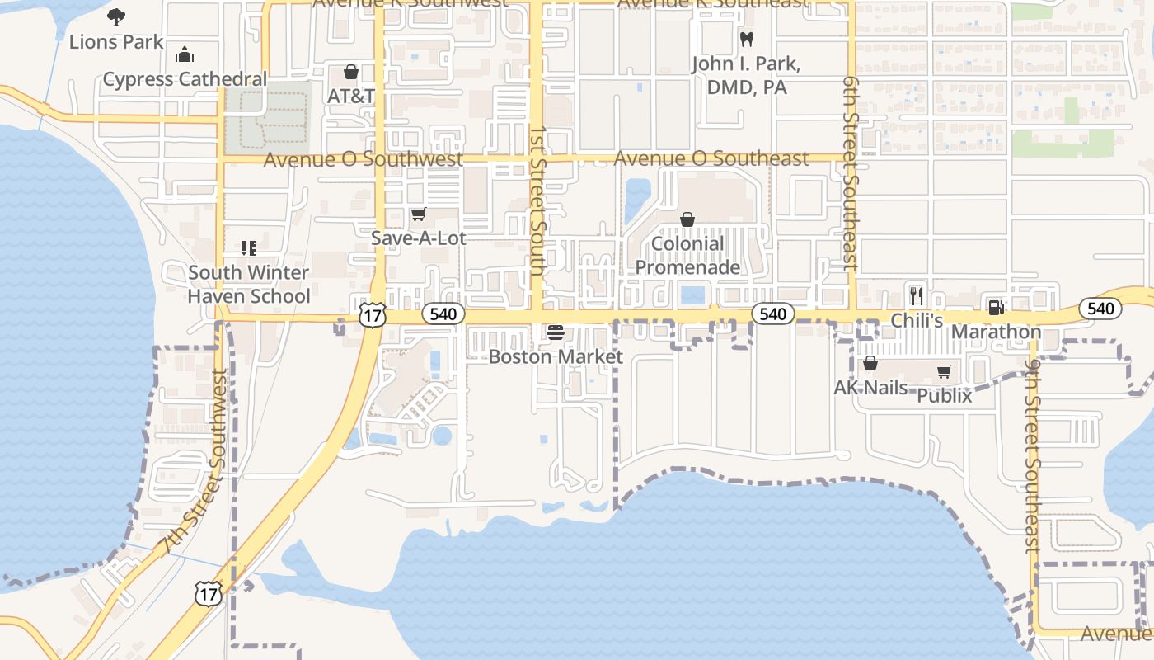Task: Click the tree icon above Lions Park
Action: tap(116, 16)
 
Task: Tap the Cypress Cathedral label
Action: tap(185, 79)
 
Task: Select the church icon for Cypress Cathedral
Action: tap(185, 54)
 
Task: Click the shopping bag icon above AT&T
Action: tap(351, 72)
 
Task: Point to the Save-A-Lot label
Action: tap(418, 238)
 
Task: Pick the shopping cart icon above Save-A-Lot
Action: tap(418, 214)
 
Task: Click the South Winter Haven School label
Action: tap(249, 284)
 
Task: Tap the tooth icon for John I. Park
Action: tap(747, 39)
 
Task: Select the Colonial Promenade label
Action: tap(687, 256)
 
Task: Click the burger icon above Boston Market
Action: tap(556, 332)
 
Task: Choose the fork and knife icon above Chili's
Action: tap(917, 295)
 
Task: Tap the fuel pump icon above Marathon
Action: tap(996, 308)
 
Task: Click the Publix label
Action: tap(945, 396)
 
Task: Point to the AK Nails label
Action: tap(870, 388)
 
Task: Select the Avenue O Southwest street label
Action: tap(363, 160)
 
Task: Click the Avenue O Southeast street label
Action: tap(711, 158)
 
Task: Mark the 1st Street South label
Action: tap(537, 200)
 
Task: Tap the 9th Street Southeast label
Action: tap(1033, 455)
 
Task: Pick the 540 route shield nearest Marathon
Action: tap(1100, 309)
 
